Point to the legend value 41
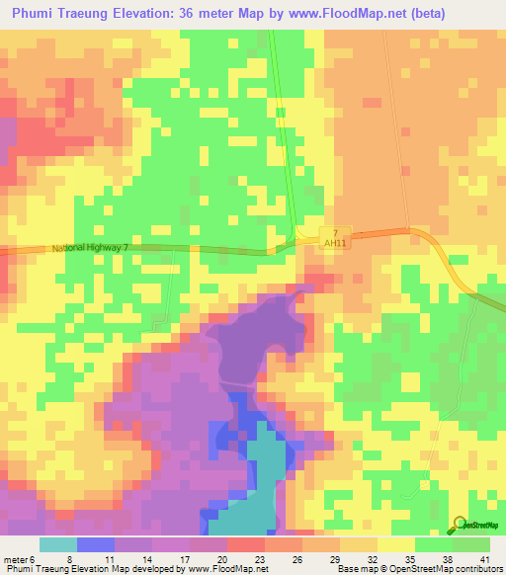[483, 558]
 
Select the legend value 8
[69, 558]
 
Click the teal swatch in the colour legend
[57, 544]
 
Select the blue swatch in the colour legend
[95, 544]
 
